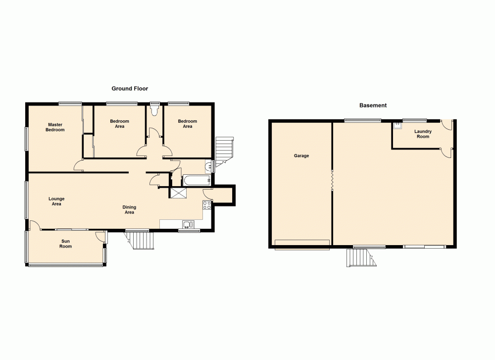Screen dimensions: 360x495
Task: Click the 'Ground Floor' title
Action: [130, 89]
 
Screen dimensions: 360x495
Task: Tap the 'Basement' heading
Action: [373, 105]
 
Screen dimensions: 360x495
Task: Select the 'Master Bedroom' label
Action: [56, 127]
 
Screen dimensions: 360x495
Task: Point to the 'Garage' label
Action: [301, 156]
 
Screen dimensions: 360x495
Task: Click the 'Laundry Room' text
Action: [423, 134]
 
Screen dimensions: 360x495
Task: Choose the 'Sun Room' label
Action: [66, 244]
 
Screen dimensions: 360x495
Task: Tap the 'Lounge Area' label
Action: [56, 202]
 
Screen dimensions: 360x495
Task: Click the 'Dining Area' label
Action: [129, 210]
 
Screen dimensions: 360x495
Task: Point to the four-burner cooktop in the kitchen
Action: [207, 205]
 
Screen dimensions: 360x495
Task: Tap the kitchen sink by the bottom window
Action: [188, 224]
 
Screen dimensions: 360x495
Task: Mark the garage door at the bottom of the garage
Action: [302, 242]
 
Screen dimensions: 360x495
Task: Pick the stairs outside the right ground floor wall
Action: [224, 150]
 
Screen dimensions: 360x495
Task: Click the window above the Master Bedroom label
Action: [70, 103]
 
